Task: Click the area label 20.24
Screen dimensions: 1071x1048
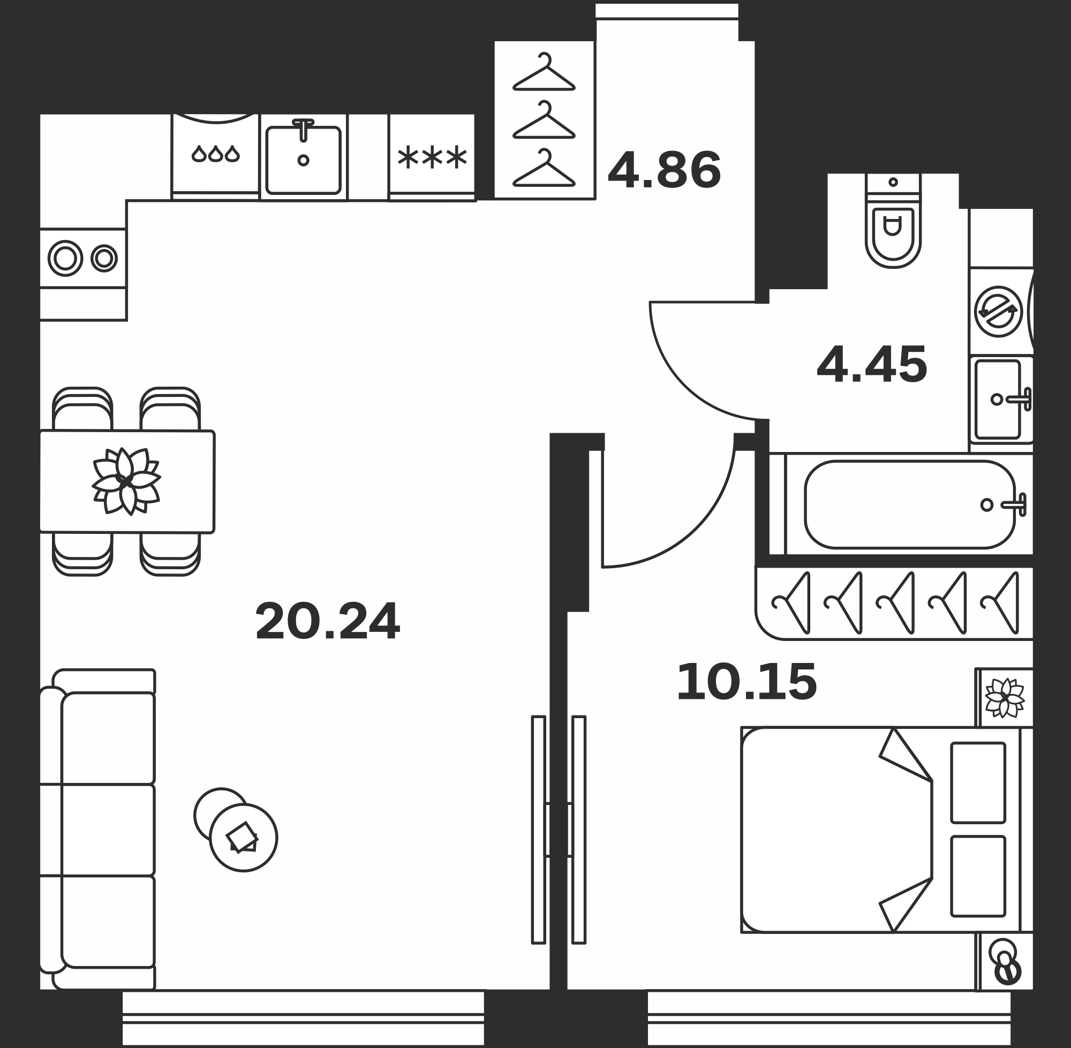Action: pyautogui.click(x=328, y=621)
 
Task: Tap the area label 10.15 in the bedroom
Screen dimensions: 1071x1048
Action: pyautogui.click(x=746, y=683)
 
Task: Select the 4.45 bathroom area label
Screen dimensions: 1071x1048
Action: pyautogui.click(x=872, y=364)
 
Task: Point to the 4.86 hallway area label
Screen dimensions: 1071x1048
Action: pyautogui.click(x=664, y=170)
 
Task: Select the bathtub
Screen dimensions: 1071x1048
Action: pyautogui.click(x=910, y=504)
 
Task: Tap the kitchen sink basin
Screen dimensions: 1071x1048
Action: pyautogui.click(x=303, y=160)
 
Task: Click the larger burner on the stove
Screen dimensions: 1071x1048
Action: pyautogui.click(x=65, y=258)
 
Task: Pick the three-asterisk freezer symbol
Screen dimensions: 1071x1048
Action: pyautogui.click(x=432, y=158)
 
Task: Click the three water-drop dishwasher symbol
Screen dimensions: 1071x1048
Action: pyautogui.click(x=216, y=154)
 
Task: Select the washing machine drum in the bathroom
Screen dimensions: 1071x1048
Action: pyautogui.click(x=998, y=312)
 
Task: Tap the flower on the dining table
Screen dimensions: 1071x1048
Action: pyautogui.click(x=126, y=481)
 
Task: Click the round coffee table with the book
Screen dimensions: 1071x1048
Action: pyautogui.click(x=243, y=838)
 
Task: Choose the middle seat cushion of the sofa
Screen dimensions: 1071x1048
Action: pyautogui.click(x=108, y=830)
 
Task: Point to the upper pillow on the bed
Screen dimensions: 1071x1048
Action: pyautogui.click(x=978, y=783)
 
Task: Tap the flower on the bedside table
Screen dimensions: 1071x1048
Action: pyautogui.click(x=1005, y=698)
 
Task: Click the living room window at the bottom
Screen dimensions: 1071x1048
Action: pyautogui.click(x=303, y=1018)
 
